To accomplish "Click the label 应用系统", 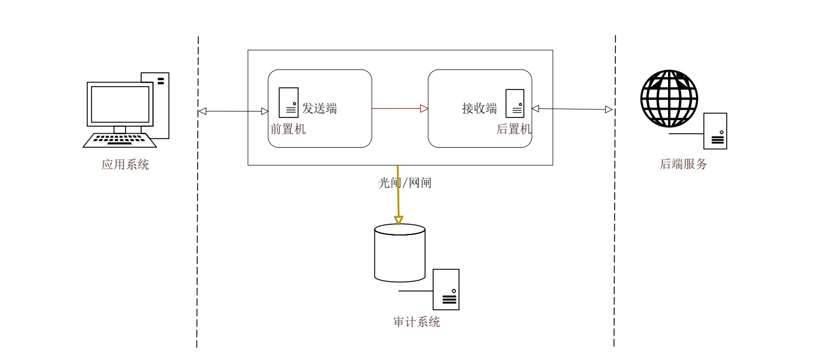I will (125, 164).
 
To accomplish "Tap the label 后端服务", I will (683, 164).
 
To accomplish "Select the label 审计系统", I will (416, 322).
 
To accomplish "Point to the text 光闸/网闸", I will (405, 183).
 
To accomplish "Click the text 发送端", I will (319, 108).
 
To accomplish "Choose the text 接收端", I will (479, 108).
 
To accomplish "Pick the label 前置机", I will (288, 129).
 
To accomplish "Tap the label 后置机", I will (513, 129).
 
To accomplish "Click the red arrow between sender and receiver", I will (400, 108).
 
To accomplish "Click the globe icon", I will (669, 99).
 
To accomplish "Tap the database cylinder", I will (400, 253).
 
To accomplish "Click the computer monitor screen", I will (120, 104).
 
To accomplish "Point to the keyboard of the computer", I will (120, 140).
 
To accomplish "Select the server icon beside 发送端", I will (288, 102).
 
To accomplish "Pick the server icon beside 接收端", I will (515, 102).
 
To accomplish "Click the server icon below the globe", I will (715, 131).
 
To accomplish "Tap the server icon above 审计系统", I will (446, 289).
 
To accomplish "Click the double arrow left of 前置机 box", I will (233, 112).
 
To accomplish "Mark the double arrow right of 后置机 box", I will (572, 109).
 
